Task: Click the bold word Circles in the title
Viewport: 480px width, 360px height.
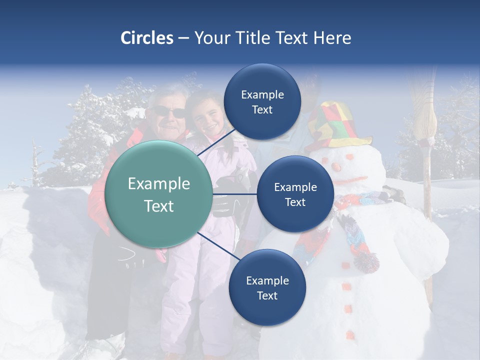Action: (x=146, y=38)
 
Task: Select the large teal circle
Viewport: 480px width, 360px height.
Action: (x=159, y=194)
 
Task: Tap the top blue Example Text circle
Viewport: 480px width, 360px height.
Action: (x=262, y=102)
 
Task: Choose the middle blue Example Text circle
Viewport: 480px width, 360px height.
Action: (x=295, y=194)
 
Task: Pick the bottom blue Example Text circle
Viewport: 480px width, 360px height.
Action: (x=267, y=288)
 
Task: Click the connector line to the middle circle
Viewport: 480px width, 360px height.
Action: (x=235, y=193)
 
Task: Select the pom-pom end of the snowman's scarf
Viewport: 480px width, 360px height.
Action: (x=366, y=261)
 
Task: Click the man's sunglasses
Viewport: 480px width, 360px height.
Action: (x=169, y=112)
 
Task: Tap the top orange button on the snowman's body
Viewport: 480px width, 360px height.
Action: (x=344, y=264)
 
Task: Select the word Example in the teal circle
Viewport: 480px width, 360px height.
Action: (x=159, y=184)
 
